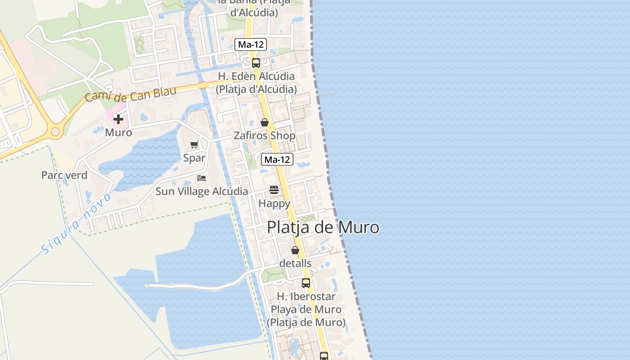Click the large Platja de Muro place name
point(323,227)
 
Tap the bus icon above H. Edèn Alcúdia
point(256,63)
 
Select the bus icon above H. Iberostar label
point(306,283)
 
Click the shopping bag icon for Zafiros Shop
point(265,122)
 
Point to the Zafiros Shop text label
point(265,135)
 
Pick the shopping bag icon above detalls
point(295,250)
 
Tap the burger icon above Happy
point(274,190)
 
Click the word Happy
point(274,203)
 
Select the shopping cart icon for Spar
point(194,145)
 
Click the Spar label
point(194,158)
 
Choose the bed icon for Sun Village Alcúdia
point(202,178)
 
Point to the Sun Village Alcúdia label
point(202,191)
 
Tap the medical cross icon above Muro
point(118,119)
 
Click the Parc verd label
point(64,175)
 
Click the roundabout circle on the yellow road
point(55,132)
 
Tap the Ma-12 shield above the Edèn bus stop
point(251,45)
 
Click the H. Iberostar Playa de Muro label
point(306,310)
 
